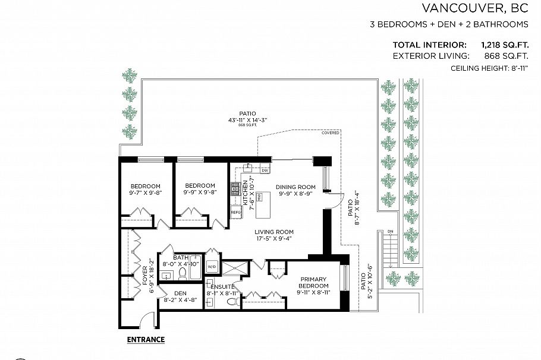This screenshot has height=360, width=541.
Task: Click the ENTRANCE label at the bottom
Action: tap(146, 340)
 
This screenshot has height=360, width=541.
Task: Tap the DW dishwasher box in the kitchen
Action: tap(265, 171)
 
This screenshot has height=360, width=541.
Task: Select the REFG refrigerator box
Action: tap(235, 211)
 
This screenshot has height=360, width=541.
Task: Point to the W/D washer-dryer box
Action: tap(212, 266)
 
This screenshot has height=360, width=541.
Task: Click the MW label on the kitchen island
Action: tap(259, 197)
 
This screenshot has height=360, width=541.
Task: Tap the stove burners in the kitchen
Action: tap(235, 189)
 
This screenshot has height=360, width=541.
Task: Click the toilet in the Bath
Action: tap(183, 274)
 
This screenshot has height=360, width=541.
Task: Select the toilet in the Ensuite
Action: tap(234, 302)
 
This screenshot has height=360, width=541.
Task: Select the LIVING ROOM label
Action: tap(274, 232)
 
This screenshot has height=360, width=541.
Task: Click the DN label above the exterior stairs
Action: tap(390, 231)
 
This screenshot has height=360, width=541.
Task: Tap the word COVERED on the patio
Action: tap(331, 132)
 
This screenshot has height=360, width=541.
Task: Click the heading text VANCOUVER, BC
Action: tap(475, 8)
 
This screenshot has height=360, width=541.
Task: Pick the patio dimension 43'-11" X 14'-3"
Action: tap(248, 119)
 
